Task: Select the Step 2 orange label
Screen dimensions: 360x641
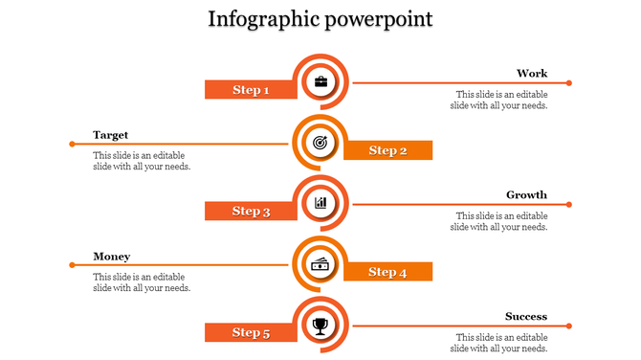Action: pos(387,150)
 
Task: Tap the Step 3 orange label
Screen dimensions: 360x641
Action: pos(251,212)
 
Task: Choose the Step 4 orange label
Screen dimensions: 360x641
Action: pos(387,272)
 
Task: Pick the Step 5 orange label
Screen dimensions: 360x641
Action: pos(251,332)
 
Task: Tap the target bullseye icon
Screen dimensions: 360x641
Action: pos(320,143)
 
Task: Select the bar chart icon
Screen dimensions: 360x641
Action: pos(320,203)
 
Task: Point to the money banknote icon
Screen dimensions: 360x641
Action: pos(320,264)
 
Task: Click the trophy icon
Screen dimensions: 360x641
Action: pos(320,326)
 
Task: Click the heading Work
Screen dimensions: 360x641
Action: pos(532,74)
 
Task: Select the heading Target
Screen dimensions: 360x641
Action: pos(110,135)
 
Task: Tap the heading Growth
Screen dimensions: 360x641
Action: pos(526,195)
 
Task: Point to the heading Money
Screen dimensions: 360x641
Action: pos(111,257)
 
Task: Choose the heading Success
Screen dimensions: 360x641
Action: pos(526,317)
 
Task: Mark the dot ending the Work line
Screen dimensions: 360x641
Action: pos(569,83)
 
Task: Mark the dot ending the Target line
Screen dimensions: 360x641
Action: pos(72,144)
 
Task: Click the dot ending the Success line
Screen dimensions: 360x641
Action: pos(569,326)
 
